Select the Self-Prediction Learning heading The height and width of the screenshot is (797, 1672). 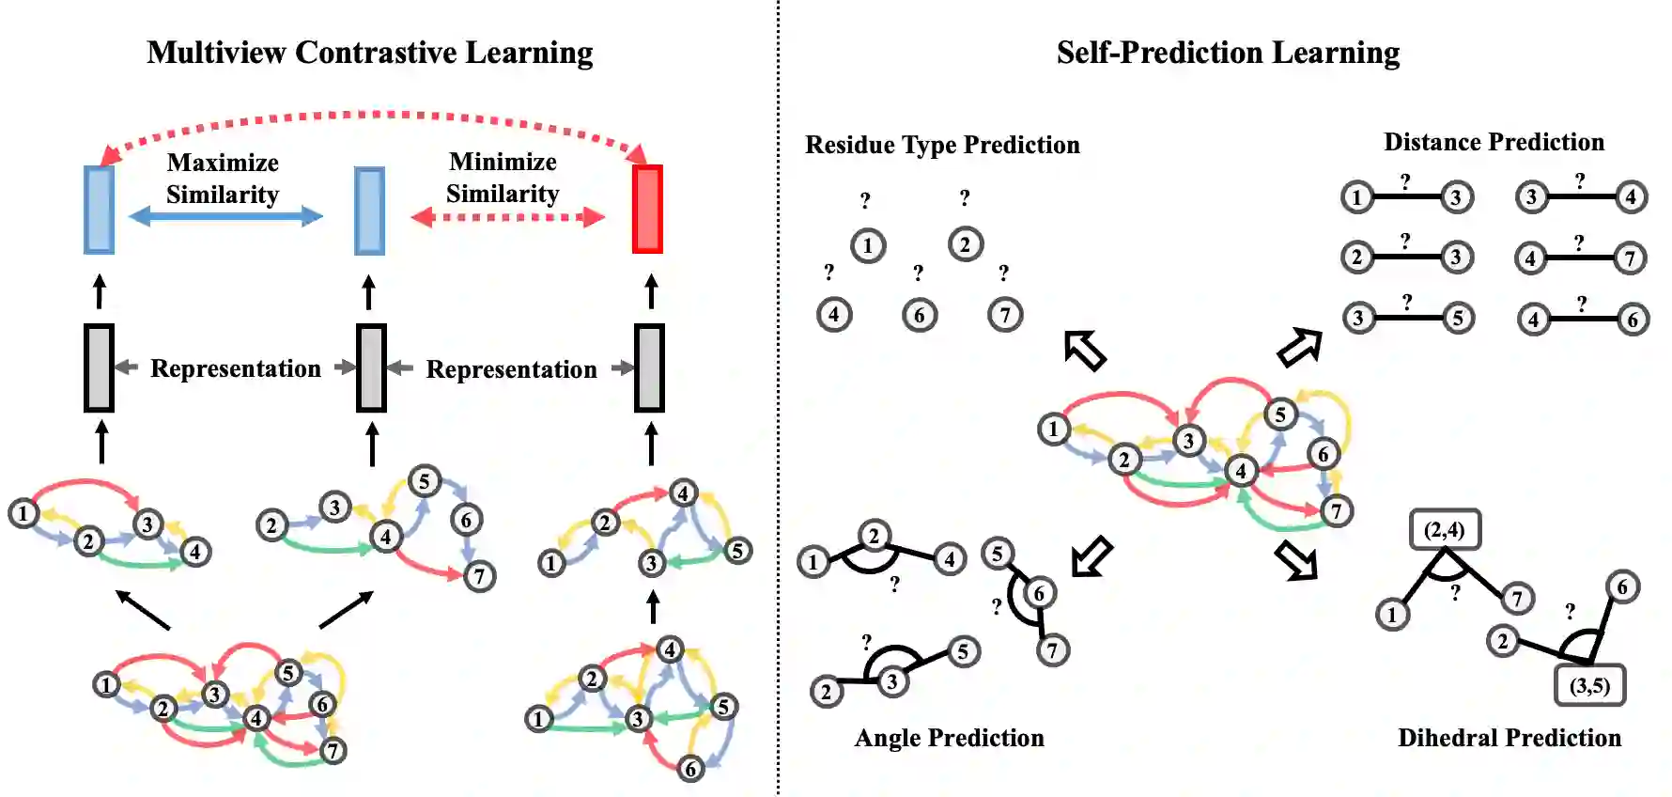1228,53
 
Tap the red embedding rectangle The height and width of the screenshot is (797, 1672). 647,209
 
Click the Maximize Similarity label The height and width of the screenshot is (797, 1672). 223,178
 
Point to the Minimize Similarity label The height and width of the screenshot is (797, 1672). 503,177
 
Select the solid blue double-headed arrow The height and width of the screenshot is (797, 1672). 225,217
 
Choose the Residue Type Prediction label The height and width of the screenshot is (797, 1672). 942,145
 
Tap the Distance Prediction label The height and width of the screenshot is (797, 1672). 1494,142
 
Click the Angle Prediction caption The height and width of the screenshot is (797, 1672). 949,738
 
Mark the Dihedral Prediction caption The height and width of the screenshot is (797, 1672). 1509,738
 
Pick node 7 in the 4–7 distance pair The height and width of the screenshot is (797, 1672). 1630,258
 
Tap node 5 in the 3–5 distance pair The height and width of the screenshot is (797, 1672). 1457,319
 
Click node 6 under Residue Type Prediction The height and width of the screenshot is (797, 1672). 919,315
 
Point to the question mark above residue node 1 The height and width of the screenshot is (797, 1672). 865,200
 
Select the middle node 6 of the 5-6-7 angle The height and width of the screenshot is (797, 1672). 1038,593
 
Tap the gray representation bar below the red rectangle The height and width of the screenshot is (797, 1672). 649,367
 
